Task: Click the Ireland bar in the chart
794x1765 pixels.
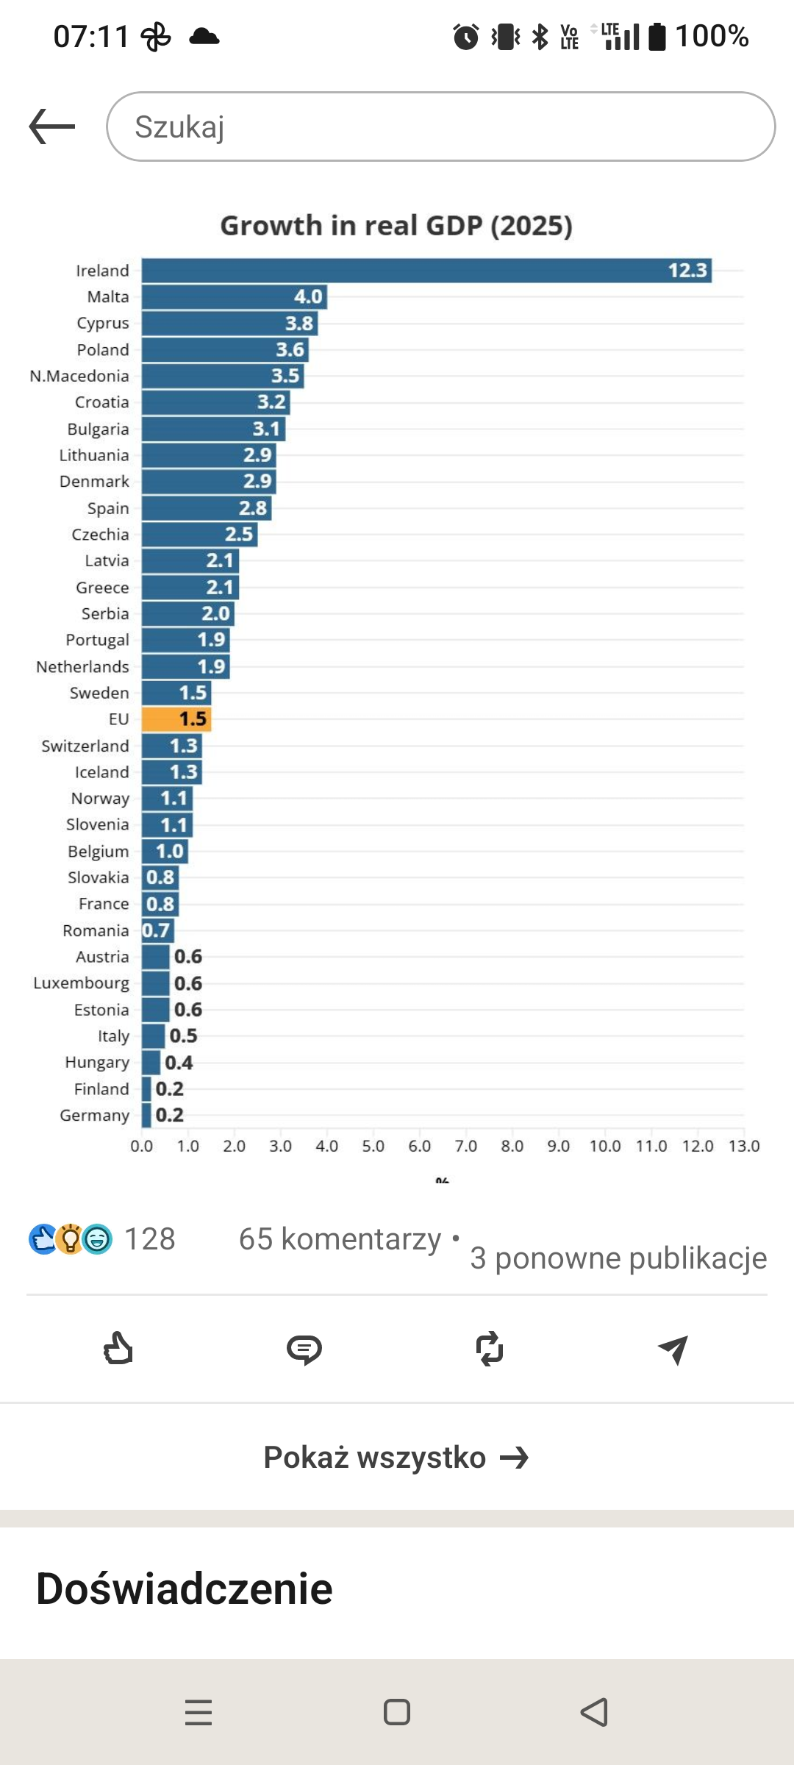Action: click(426, 271)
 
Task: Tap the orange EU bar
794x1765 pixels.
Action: click(176, 719)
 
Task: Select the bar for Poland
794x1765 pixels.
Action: click(225, 349)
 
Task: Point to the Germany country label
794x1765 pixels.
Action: click(94, 1116)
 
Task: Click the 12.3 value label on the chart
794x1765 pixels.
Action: click(687, 271)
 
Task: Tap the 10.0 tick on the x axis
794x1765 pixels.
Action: click(605, 1146)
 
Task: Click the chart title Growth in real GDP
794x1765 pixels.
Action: click(396, 226)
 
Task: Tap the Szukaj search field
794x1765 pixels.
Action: click(441, 126)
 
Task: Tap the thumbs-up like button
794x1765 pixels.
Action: click(118, 1349)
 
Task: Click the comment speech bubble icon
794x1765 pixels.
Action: click(304, 1349)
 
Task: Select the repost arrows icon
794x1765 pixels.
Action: click(490, 1349)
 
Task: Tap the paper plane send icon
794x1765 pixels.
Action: click(673, 1349)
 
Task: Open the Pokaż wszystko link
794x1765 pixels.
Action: click(396, 1457)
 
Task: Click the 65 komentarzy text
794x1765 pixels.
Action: click(340, 1239)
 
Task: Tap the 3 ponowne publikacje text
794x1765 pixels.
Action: click(618, 1258)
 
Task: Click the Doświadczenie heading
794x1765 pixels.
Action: click(185, 1588)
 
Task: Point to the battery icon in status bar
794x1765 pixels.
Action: click(657, 36)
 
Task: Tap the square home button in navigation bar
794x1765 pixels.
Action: click(397, 1712)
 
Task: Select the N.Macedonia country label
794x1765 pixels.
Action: click(79, 376)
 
